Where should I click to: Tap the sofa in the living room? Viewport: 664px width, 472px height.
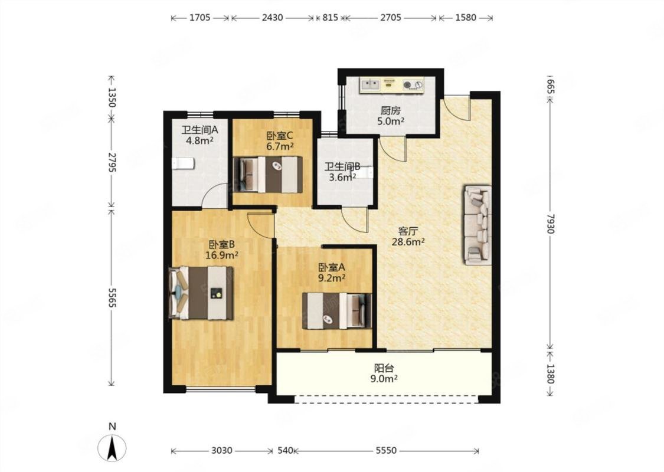[478, 225]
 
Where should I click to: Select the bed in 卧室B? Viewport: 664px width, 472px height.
[201, 293]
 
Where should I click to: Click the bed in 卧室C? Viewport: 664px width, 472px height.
[268, 175]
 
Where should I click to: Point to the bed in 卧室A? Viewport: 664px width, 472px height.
[337, 311]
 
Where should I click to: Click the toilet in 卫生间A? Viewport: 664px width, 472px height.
[183, 163]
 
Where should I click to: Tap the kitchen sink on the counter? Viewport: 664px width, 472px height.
[369, 85]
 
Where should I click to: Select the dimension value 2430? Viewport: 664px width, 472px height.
[272, 18]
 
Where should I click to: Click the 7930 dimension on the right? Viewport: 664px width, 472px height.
[549, 223]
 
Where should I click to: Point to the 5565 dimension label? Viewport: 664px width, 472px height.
[112, 297]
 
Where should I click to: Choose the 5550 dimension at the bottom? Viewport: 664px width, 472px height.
[386, 451]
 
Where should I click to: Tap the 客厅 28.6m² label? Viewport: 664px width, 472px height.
[408, 236]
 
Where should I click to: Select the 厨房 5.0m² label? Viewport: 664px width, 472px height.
[391, 116]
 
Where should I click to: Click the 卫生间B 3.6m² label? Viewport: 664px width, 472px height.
[342, 172]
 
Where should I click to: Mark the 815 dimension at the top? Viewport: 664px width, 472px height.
[331, 18]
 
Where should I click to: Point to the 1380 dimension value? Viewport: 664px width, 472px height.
[549, 374]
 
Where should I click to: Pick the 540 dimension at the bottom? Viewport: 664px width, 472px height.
[285, 451]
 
